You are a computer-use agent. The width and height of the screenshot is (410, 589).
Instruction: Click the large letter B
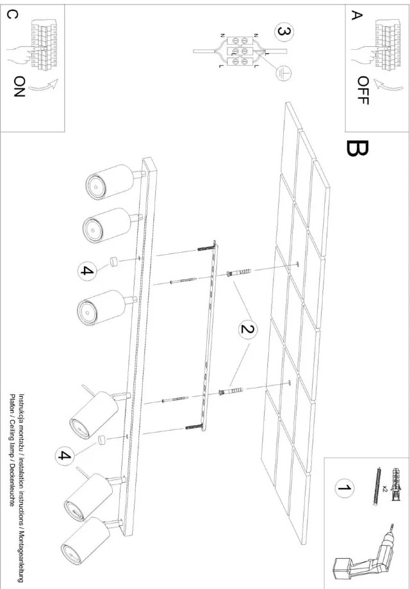(357, 149)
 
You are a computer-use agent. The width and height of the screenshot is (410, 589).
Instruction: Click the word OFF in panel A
(363, 90)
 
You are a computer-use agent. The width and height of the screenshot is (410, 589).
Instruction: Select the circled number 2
(247, 330)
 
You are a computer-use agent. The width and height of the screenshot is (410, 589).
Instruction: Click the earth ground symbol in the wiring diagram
(280, 74)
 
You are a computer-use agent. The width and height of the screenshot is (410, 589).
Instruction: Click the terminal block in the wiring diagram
(240, 51)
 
